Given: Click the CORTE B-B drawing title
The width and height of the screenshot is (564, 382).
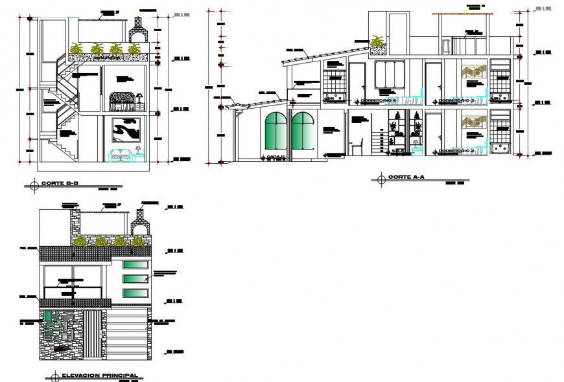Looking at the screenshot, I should click(x=60, y=185).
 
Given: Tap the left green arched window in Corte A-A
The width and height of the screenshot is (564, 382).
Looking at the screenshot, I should click(x=276, y=133).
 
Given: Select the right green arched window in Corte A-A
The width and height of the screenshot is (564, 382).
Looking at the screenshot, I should click(x=303, y=133).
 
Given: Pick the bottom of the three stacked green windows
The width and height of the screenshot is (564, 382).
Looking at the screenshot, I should click(x=135, y=293).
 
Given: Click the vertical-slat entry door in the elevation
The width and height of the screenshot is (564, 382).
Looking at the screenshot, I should click(x=95, y=333).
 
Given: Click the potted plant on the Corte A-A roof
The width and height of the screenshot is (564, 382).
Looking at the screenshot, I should click(x=376, y=43).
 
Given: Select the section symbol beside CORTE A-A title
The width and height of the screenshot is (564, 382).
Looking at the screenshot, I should click(x=381, y=178).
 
